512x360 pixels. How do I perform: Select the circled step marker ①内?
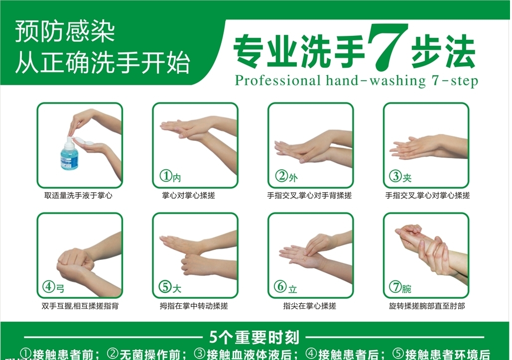pos(170,176)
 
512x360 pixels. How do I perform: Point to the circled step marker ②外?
pos(286,176)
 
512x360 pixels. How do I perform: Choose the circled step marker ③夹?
pos(401,176)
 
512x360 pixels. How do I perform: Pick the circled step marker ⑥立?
pos(286,287)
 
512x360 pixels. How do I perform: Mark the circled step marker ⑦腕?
pos(401,287)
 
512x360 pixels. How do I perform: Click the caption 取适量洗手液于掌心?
pos(79,196)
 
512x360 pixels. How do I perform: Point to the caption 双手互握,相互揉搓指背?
pos(80,306)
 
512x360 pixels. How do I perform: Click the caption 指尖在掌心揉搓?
pos(310,306)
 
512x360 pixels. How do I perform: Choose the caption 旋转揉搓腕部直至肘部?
pos(427,306)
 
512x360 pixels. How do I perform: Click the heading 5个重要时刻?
pos(254,338)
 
